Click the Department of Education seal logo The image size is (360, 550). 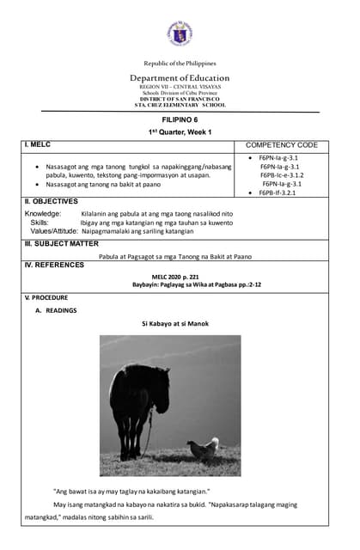pyautogui.click(x=180, y=34)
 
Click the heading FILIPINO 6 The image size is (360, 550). pyautogui.click(x=180, y=120)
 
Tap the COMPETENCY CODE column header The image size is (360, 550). pyautogui.click(x=282, y=145)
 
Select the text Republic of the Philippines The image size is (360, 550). pyautogui.click(x=180, y=64)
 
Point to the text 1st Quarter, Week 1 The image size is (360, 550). pyautogui.click(x=180, y=131)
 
